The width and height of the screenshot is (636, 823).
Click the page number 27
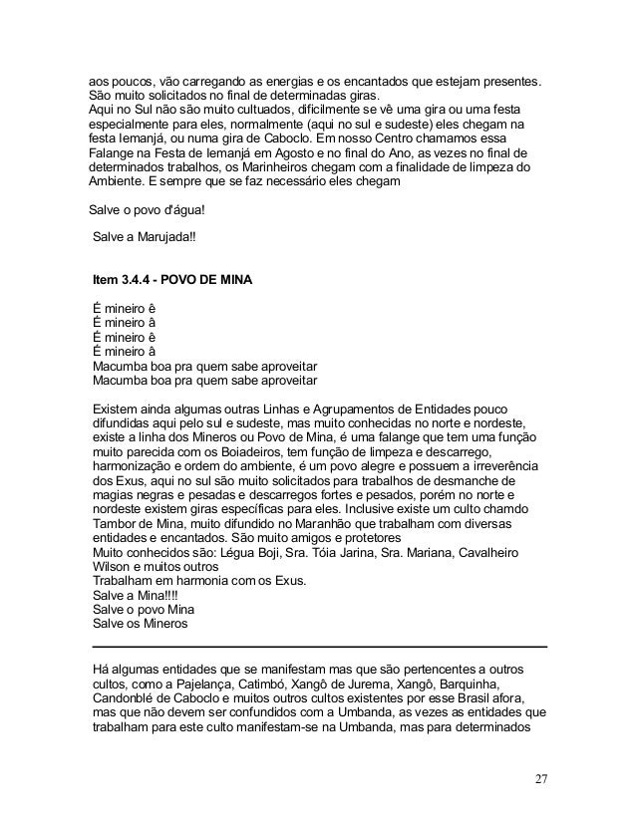point(539,778)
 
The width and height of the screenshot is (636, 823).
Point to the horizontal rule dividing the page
point(318,647)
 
